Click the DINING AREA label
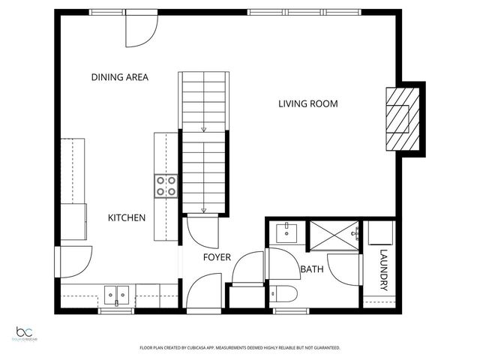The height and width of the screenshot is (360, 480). click(x=119, y=76)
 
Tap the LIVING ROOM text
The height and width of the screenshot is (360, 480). click(x=307, y=103)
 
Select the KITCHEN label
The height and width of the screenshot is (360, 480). click(x=127, y=217)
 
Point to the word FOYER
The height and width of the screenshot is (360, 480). click(x=217, y=257)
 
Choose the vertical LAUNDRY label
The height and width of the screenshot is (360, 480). click(x=383, y=271)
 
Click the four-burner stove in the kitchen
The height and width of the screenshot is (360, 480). click(x=166, y=186)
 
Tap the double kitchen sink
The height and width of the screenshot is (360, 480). click(x=115, y=295)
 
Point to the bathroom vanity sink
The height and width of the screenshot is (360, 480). click(x=286, y=233)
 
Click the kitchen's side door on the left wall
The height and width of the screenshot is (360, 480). click(x=75, y=261)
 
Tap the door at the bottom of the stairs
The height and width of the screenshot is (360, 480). click(x=202, y=232)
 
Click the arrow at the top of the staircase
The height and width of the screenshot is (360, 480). click(x=202, y=130)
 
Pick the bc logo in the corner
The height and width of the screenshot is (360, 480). click(x=26, y=333)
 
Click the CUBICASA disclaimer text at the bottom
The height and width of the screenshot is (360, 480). click(x=240, y=348)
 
